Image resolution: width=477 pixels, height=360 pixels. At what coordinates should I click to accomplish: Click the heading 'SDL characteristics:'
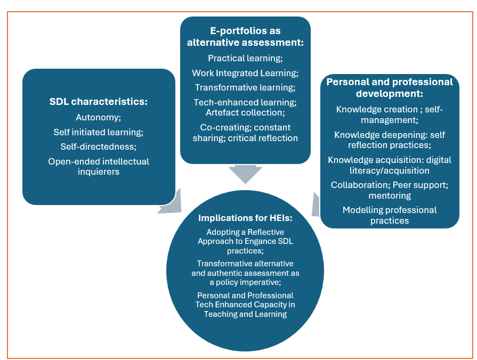point(98,101)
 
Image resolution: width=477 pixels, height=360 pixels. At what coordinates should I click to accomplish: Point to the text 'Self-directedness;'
point(99,146)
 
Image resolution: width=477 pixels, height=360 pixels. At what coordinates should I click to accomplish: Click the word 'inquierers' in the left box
point(99,171)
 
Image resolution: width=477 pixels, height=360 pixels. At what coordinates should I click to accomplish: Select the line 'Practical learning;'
point(245,58)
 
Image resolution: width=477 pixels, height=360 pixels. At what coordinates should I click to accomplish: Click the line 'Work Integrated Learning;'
point(245,73)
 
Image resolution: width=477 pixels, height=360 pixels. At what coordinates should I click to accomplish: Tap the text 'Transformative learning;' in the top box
point(245,87)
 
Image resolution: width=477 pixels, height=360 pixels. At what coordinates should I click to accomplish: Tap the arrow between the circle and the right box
point(316,204)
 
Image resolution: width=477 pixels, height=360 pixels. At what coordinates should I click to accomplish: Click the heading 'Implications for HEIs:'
point(245,218)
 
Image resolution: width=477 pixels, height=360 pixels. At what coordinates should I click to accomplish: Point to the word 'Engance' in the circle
point(270,241)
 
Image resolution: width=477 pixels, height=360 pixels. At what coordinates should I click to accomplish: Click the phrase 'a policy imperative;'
point(245,282)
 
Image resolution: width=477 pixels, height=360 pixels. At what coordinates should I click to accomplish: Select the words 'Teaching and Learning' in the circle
point(245,314)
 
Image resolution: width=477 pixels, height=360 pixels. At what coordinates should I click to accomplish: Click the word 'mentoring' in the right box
point(390,195)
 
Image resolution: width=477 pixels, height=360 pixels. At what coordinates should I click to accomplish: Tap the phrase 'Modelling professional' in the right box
point(390,210)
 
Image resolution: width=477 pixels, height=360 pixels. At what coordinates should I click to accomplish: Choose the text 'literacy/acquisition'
point(390,170)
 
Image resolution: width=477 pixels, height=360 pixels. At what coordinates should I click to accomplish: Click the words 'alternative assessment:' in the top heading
point(245,43)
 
